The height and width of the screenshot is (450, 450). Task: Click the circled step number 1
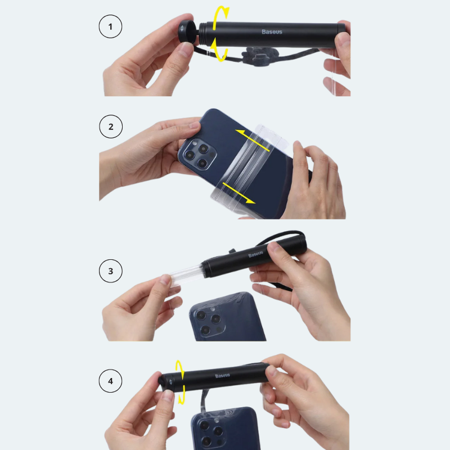pyautogui.click(x=110, y=26)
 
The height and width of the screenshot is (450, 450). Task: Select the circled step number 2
pyautogui.click(x=111, y=127)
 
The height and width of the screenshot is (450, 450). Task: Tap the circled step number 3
pyautogui.click(x=110, y=271)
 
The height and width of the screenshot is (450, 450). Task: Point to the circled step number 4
pyautogui.click(x=110, y=381)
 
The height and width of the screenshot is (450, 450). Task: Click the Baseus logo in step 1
pyautogui.click(x=272, y=31)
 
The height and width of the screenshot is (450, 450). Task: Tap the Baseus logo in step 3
pyautogui.click(x=255, y=254)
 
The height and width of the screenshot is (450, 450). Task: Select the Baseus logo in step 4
pyautogui.click(x=222, y=375)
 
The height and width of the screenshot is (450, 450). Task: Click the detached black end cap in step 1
pyautogui.click(x=187, y=31)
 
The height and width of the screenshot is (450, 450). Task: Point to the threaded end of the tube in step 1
pyautogui.click(x=205, y=34)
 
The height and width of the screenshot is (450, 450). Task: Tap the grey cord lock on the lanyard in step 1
pyautogui.click(x=259, y=56)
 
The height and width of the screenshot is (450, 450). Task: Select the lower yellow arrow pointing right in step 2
pyautogui.click(x=238, y=193)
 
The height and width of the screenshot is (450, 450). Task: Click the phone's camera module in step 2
pyautogui.click(x=197, y=155)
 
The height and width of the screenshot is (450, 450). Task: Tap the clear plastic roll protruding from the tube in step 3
pyautogui.click(x=187, y=275)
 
